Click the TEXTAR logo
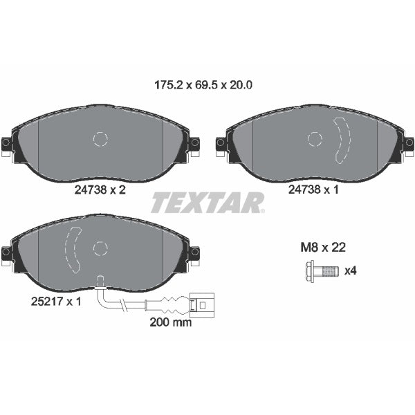(207, 203)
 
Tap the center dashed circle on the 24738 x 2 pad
(100, 140)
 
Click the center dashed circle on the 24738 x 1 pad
(315, 140)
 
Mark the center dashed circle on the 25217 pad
(100, 248)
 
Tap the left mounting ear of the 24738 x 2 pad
(7, 143)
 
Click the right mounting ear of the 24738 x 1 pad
(409, 143)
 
